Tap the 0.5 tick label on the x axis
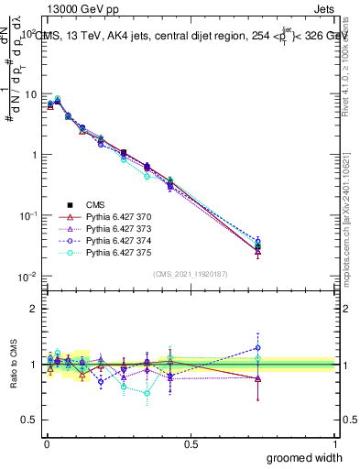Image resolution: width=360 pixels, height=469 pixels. click(191, 442)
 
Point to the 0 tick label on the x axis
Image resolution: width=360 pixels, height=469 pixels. click(46, 442)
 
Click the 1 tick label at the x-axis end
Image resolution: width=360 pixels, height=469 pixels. click(334, 442)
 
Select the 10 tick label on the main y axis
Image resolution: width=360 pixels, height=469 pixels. click(29, 94)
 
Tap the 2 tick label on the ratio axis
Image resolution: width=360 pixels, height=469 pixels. click(34, 309)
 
